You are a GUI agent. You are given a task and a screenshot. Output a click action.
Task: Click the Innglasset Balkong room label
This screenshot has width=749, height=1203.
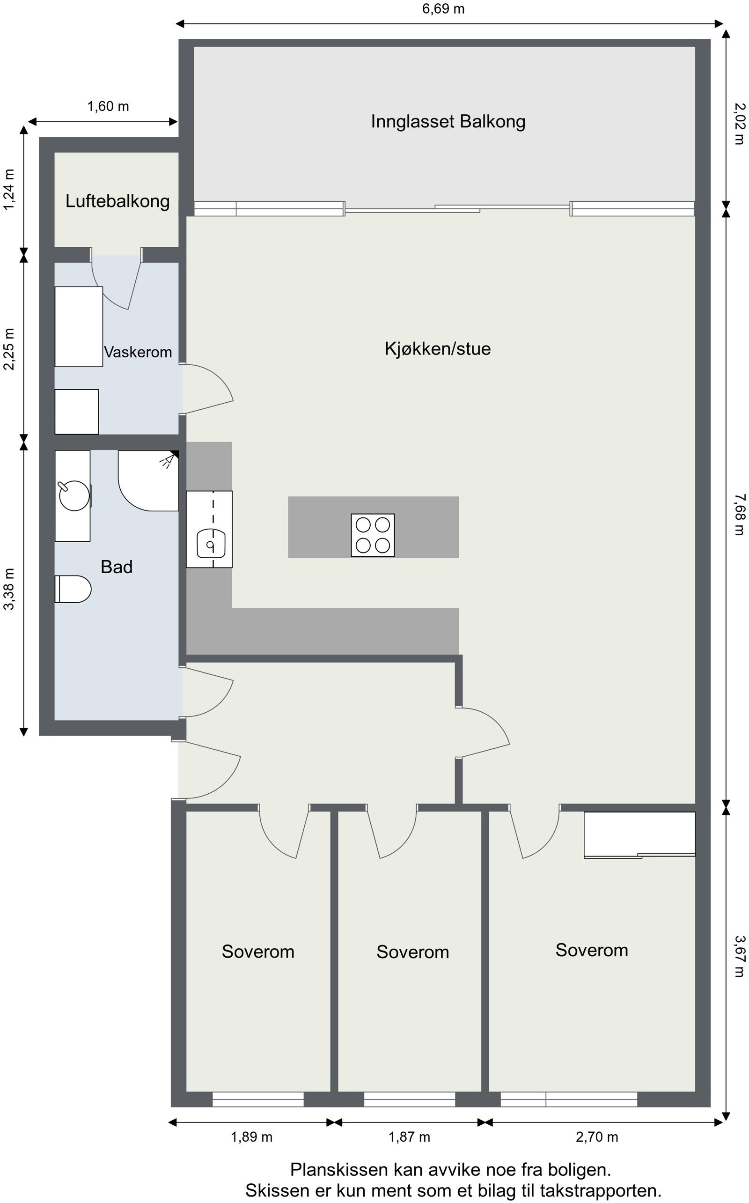(x=448, y=122)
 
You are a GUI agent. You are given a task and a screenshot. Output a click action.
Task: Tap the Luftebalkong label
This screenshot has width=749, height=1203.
(x=117, y=201)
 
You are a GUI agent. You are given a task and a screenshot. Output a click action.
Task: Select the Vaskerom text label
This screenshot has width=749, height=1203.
(x=138, y=352)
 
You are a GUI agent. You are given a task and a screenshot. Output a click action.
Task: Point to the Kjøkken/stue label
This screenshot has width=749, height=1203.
(x=437, y=349)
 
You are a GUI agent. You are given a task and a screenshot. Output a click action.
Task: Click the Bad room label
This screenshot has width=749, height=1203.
(x=117, y=567)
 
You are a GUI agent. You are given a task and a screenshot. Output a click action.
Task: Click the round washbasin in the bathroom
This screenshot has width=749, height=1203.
(x=74, y=495)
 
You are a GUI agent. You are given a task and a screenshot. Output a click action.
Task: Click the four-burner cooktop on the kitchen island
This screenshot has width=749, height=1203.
(x=373, y=535)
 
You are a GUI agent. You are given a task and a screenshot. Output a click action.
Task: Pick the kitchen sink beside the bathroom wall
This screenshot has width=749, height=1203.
(x=211, y=543)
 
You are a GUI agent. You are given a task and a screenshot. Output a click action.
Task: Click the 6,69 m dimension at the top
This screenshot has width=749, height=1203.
(x=443, y=9)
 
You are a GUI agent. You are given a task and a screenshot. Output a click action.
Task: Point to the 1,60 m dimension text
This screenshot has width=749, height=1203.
(x=108, y=106)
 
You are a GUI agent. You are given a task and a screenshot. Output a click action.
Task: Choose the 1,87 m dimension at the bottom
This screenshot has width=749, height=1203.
(x=409, y=1137)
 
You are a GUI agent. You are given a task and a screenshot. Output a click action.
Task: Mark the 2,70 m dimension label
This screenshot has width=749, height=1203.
(x=596, y=1137)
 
